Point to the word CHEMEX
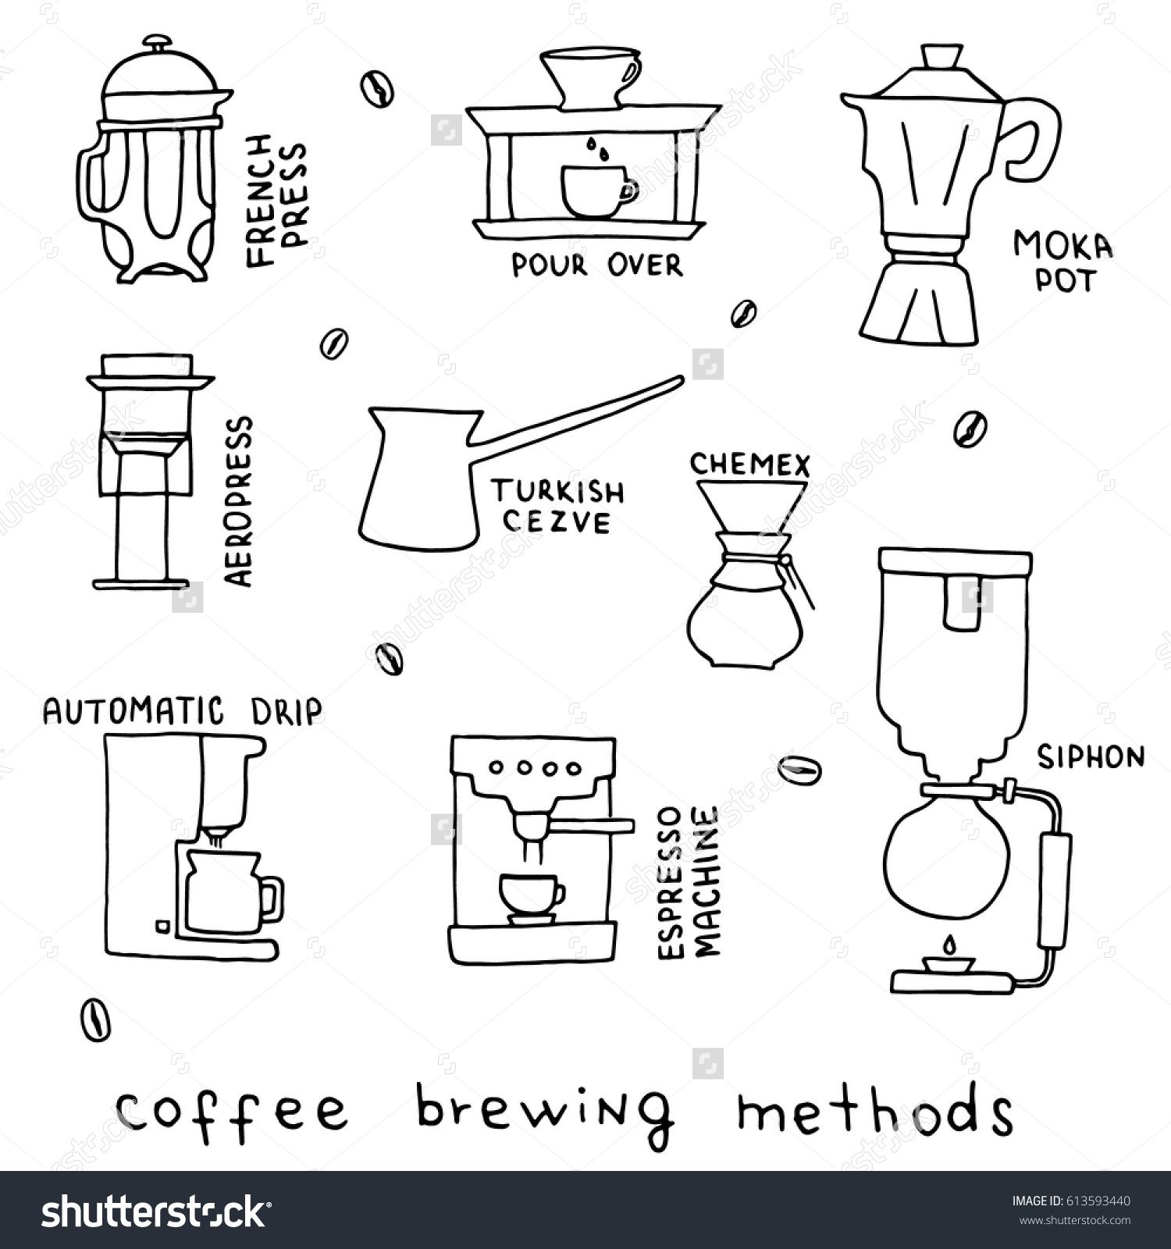click(750, 465)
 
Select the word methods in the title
click(874, 1106)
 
